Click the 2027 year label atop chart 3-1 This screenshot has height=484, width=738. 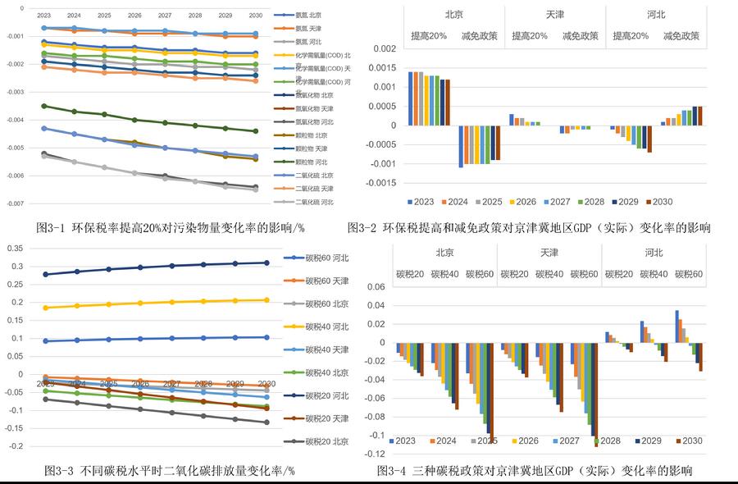[165, 16]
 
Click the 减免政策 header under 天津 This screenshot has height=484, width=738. [581, 36]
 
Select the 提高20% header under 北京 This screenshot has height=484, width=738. [429, 36]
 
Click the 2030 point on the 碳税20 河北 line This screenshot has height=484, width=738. [263, 263]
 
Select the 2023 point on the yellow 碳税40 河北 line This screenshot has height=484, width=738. [45, 308]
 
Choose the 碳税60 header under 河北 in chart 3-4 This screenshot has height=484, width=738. [690, 273]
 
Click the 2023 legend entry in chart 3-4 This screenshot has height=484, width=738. [409, 441]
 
